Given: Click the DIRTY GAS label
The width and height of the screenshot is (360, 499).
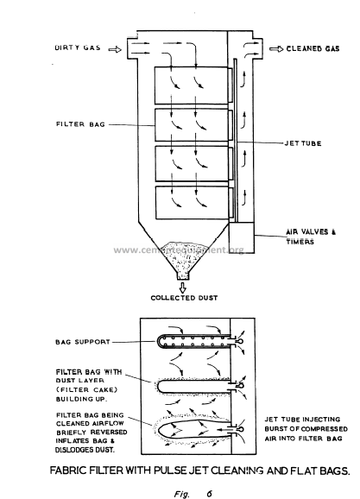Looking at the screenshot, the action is [x=78, y=47].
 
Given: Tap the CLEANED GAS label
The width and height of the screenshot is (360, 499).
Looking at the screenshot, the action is [x=313, y=48].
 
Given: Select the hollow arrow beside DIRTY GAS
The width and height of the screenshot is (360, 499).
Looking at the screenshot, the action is [x=115, y=49].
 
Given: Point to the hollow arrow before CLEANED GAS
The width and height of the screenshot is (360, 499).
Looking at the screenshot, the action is [x=276, y=49].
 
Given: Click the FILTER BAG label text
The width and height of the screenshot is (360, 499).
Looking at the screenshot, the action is [x=80, y=124].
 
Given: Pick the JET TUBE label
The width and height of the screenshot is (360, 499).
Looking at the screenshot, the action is [x=303, y=143].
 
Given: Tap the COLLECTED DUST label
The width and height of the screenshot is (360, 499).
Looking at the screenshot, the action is [x=184, y=298].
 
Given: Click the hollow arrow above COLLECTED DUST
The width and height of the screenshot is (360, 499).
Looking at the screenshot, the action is [x=183, y=287].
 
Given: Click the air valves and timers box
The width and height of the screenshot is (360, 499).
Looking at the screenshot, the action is [x=242, y=237].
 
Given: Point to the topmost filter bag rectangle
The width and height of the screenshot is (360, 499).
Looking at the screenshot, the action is [x=192, y=85].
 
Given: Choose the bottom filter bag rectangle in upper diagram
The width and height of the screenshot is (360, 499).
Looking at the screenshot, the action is [x=193, y=203].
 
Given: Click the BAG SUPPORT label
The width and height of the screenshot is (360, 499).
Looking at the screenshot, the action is [x=83, y=342].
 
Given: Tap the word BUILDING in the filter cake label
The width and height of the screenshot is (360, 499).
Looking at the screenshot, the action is [x=73, y=399].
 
